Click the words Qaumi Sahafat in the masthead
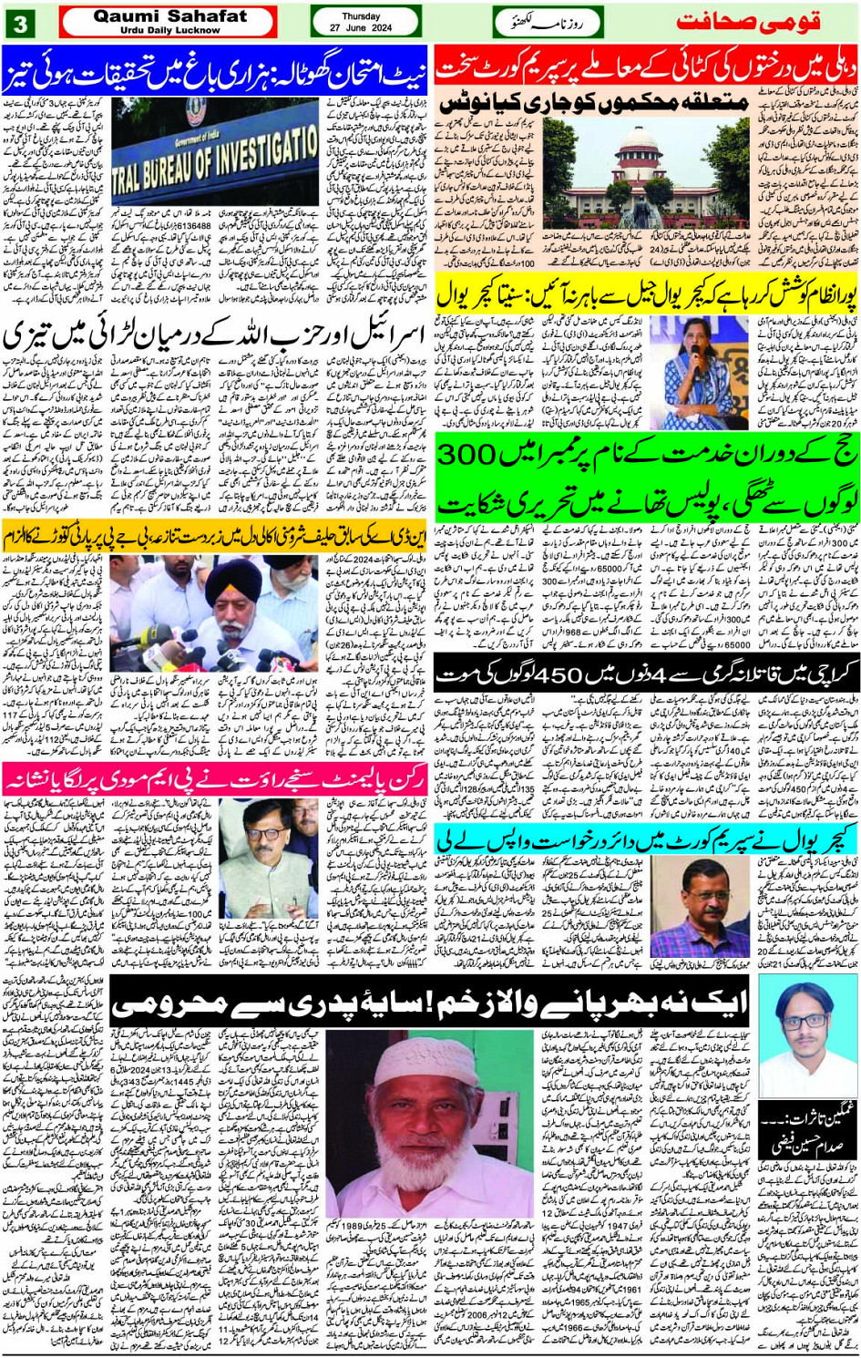coord(169,15)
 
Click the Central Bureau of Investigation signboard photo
coord(216,152)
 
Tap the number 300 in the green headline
coord(473,455)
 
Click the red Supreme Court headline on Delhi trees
coord(645,66)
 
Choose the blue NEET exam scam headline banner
coord(215,66)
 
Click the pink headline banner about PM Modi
coord(215,780)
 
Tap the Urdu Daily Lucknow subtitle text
coord(169,30)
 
